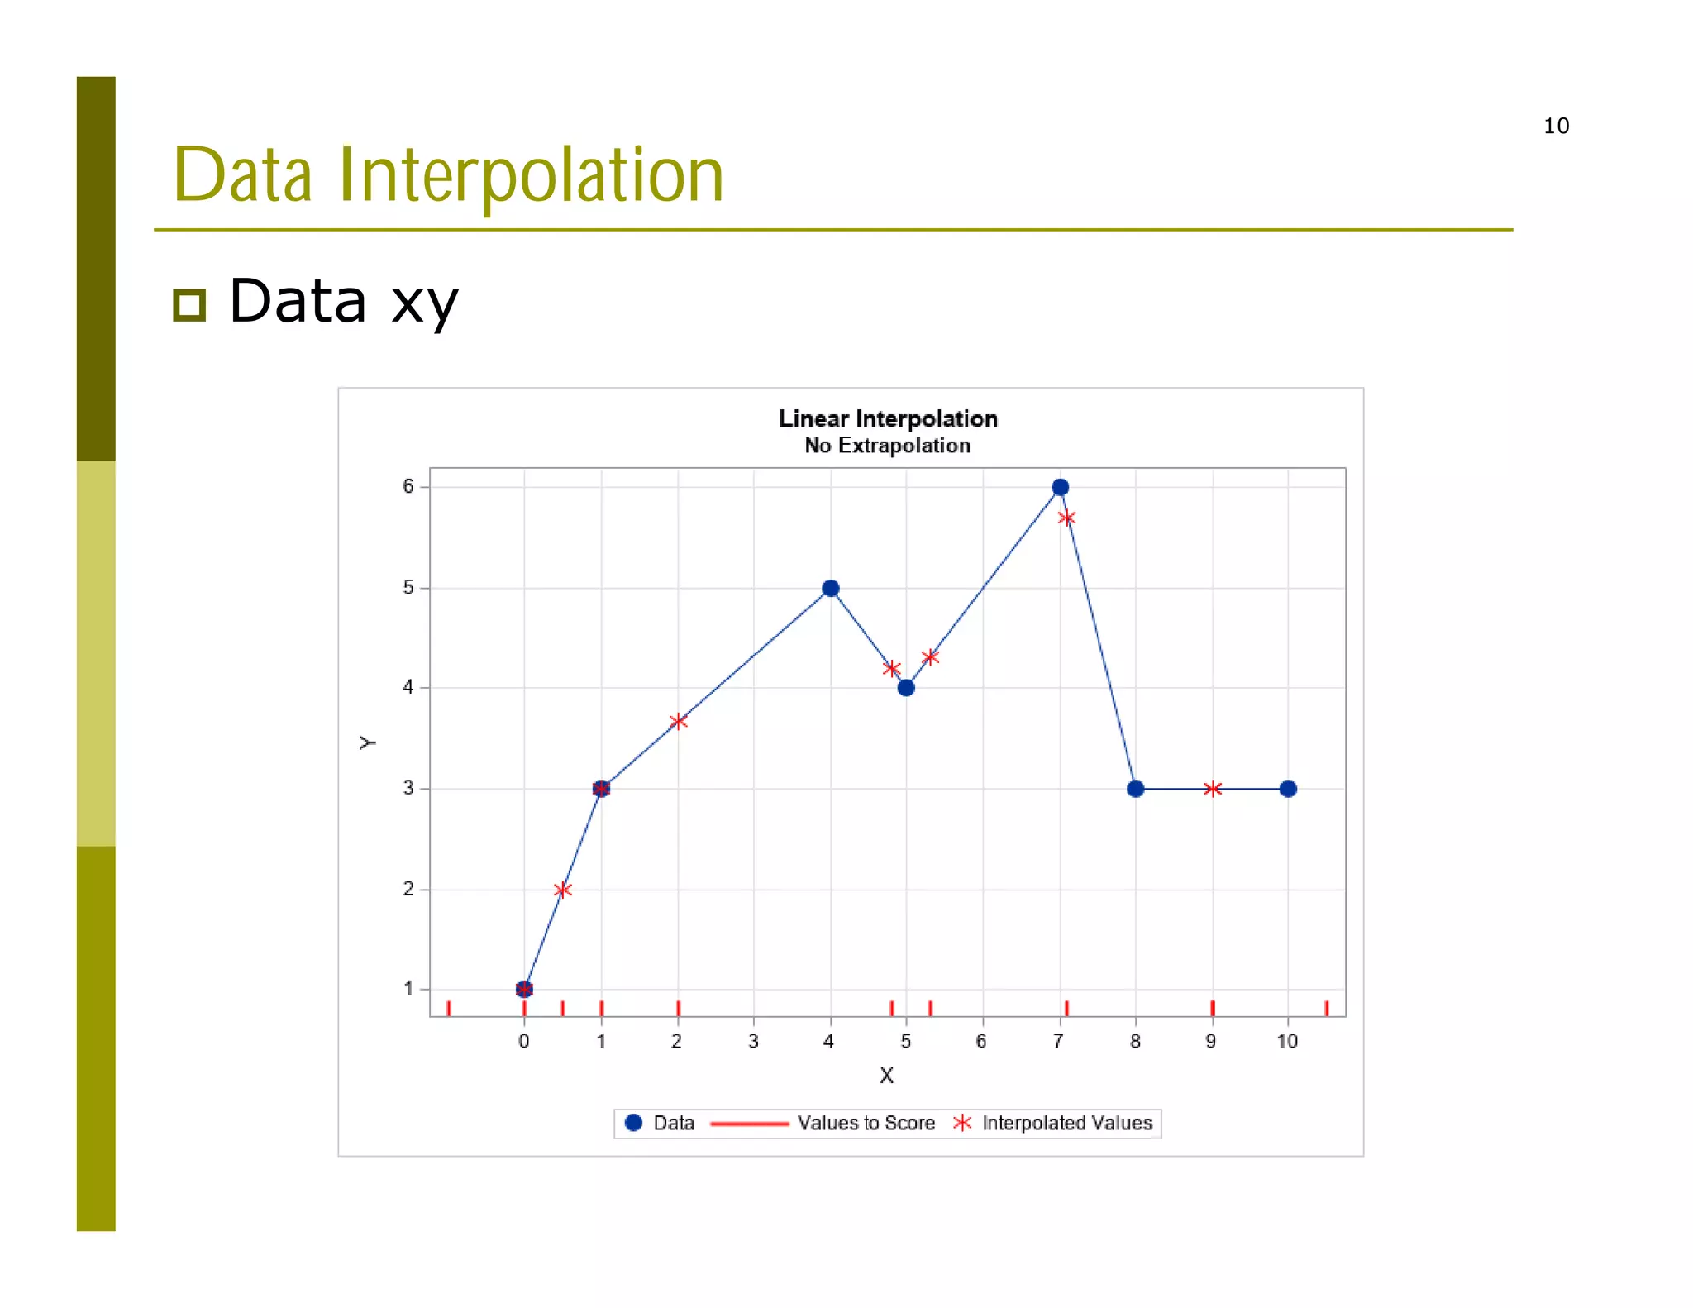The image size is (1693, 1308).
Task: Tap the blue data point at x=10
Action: click(x=1287, y=789)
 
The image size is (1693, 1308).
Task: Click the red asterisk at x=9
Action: click(x=1212, y=789)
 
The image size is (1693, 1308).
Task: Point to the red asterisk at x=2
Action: click(x=678, y=721)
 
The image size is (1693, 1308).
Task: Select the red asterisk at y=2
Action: click(x=562, y=890)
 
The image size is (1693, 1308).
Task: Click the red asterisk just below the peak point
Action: click(x=1066, y=518)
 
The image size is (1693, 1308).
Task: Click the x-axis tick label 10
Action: click(x=1287, y=1042)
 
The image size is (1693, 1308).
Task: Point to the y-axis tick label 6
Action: click(x=408, y=486)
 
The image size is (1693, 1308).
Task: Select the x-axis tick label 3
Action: click(x=753, y=1042)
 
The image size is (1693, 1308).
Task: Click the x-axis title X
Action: click(x=886, y=1076)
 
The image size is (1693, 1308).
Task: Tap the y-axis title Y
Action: click(x=368, y=742)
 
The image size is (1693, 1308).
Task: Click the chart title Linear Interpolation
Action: click(x=888, y=419)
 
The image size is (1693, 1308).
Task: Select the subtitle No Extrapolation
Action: click(x=887, y=446)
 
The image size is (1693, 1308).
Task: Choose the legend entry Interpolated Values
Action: click(x=1066, y=1123)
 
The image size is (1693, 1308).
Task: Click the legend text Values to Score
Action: click(x=866, y=1123)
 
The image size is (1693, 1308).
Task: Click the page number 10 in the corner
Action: click(x=1556, y=126)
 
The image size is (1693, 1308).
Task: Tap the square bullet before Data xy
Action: click(x=189, y=305)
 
